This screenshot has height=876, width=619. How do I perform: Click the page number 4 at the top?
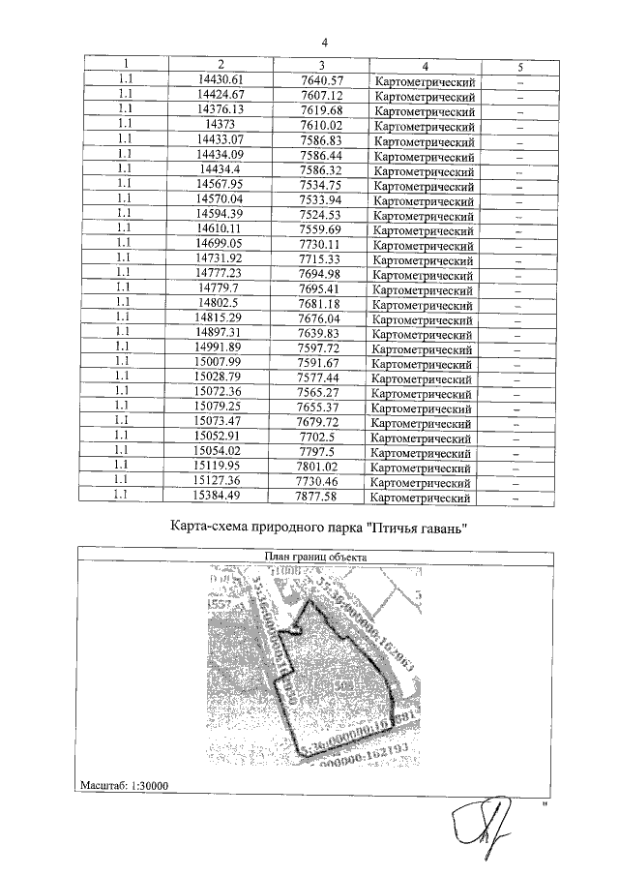coord(325,43)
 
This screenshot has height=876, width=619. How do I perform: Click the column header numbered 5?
coord(519,67)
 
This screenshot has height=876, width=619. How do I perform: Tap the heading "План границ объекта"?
coord(318,557)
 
